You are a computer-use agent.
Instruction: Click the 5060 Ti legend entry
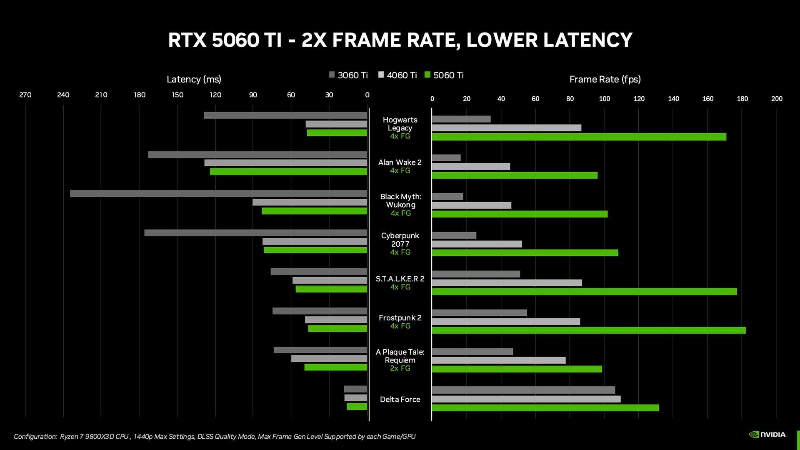tap(444, 75)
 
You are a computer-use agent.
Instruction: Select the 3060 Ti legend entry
tap(348, 75)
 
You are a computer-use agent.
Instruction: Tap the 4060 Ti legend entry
tap(397, 75)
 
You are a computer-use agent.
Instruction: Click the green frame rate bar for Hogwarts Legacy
tap(579, 137)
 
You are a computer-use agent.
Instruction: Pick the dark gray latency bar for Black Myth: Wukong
tap(218, 194)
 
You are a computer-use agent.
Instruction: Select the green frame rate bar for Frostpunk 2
tap(588, 330)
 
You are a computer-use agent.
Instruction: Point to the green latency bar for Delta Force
tap(357, 407)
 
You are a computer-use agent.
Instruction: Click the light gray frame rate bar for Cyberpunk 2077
tap(477, 244)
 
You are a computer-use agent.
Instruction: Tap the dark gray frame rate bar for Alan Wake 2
tap(446, 158)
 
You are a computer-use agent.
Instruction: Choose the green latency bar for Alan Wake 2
tap(288, 172)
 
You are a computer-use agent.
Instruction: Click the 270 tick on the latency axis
tap(25, 95)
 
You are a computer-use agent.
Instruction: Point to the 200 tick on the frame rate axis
tap(777, 99)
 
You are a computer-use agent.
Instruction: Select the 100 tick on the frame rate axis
tap(604, 99)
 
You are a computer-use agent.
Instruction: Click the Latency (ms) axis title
tap(194, 79)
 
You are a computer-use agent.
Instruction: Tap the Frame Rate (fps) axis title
tap(605, 79)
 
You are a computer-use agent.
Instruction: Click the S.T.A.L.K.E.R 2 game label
tap(400, 279)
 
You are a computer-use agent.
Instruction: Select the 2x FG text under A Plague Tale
tap(400, 368)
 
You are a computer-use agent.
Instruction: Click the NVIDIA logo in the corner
tap(767, 435)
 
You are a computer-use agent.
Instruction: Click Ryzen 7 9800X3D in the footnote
tap(94, 437)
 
